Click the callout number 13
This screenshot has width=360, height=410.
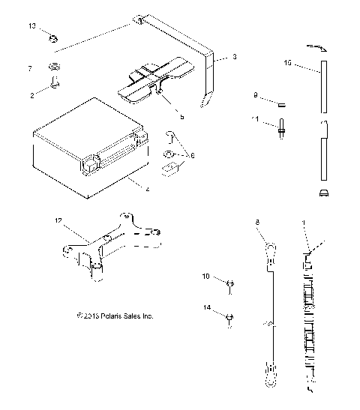click(32, 26)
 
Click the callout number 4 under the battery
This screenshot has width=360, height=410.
click(148, 189)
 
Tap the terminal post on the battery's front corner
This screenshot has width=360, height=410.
click(92, 160)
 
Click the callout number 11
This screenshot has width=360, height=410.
click(256, 119)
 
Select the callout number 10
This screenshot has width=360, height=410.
click(206, 277)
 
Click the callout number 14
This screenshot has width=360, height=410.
click(206, 308)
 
